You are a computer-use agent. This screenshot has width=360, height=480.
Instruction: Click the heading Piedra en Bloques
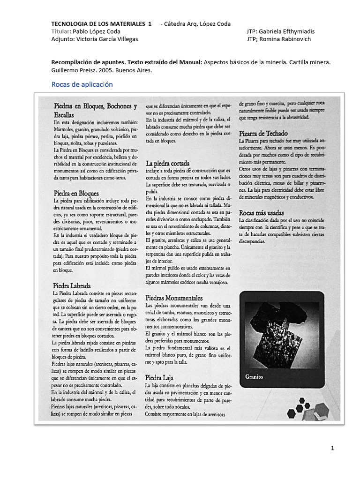[x=76, y=193]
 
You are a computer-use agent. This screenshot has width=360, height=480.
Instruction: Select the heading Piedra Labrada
[x=72, y=285]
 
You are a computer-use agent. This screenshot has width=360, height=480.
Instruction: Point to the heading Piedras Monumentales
[x=174, y=298]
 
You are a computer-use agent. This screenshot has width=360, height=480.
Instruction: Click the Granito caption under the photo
[x=254, y=376]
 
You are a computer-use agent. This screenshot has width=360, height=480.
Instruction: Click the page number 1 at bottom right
[x=332, y=449]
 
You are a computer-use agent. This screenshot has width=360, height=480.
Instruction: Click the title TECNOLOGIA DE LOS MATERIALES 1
[x=101, y=24]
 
